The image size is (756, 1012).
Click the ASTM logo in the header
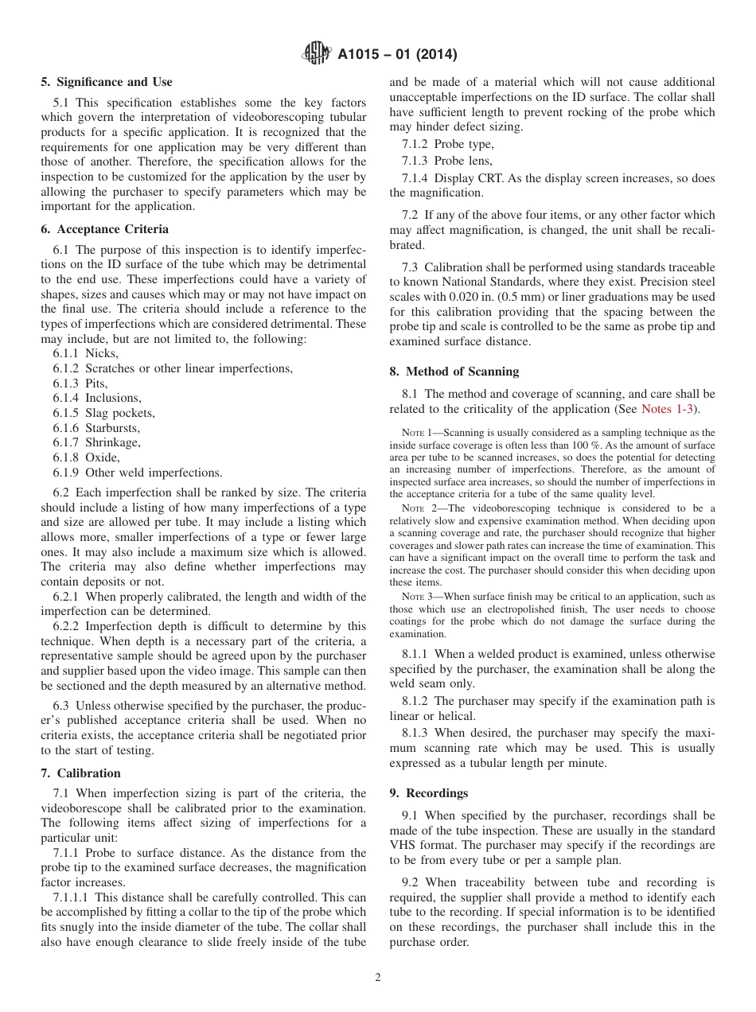(318, 55)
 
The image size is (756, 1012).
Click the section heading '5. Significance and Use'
(107, 82)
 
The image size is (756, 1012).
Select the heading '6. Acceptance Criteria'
(104, 229)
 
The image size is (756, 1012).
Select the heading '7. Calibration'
(80, 773)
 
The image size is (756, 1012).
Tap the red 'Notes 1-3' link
(668, 409)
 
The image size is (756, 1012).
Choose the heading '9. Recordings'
(428, 793)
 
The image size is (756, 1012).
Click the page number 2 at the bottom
(378, 978)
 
